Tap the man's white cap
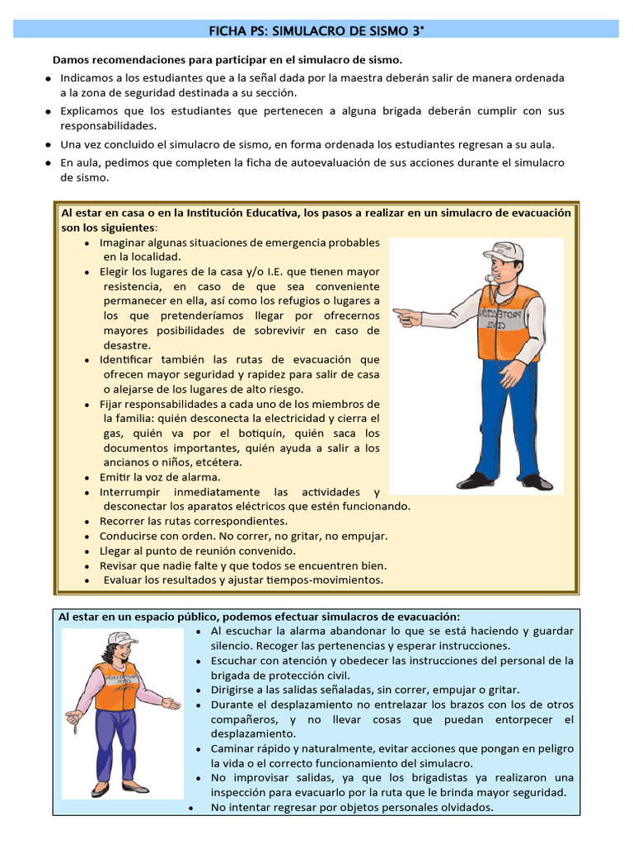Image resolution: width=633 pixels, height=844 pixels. [x=504, y=250]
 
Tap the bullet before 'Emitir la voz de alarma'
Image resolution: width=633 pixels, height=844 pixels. [x=88, y=478]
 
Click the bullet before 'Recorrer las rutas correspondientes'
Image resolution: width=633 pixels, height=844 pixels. [x=88, y=523]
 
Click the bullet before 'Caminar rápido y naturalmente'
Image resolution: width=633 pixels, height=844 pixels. [x=200, y=749]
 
